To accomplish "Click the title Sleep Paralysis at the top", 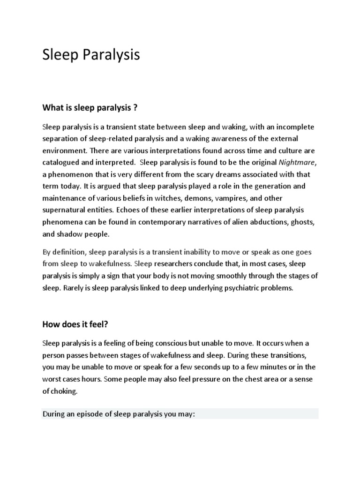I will pos(91,55).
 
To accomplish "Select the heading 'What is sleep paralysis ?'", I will pos(90,108).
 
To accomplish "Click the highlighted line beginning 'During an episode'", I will pos(119,414).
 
